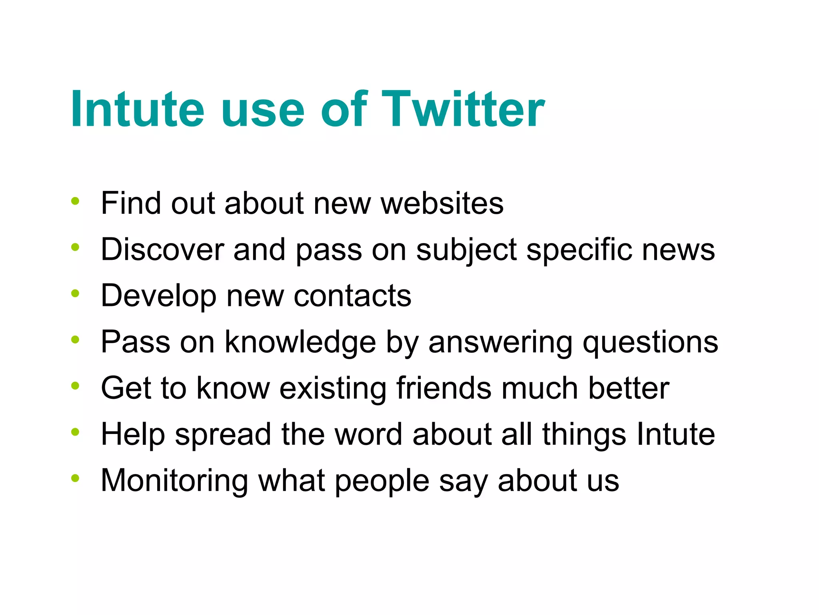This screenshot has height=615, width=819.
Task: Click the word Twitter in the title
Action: tap(463, 109)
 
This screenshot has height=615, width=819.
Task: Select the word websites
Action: tap(442, 203)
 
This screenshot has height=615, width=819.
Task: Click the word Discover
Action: tap(162, 249)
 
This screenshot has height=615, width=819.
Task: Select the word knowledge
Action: tap(300, 342)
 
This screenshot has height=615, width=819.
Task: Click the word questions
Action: tap(650, 342)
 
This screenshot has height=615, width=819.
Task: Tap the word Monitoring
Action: tap(174, 481)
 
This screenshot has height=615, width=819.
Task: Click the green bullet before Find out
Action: tap(75, 201)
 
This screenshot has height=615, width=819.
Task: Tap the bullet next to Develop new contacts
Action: tap(75, 293)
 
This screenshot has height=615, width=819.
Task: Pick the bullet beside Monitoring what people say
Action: tap(75, 478)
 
